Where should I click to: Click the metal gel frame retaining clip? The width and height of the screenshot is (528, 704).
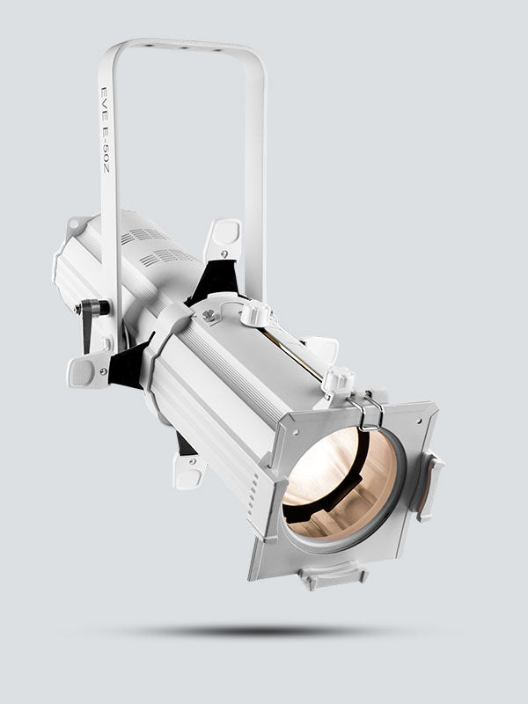pyautogui.click(x=370, y=411)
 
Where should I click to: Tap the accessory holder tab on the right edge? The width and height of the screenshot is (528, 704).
pyautogui.click(x=432, y=484)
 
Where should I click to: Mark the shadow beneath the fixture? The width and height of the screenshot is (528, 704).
pyautogui.click(x=255, y=630)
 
